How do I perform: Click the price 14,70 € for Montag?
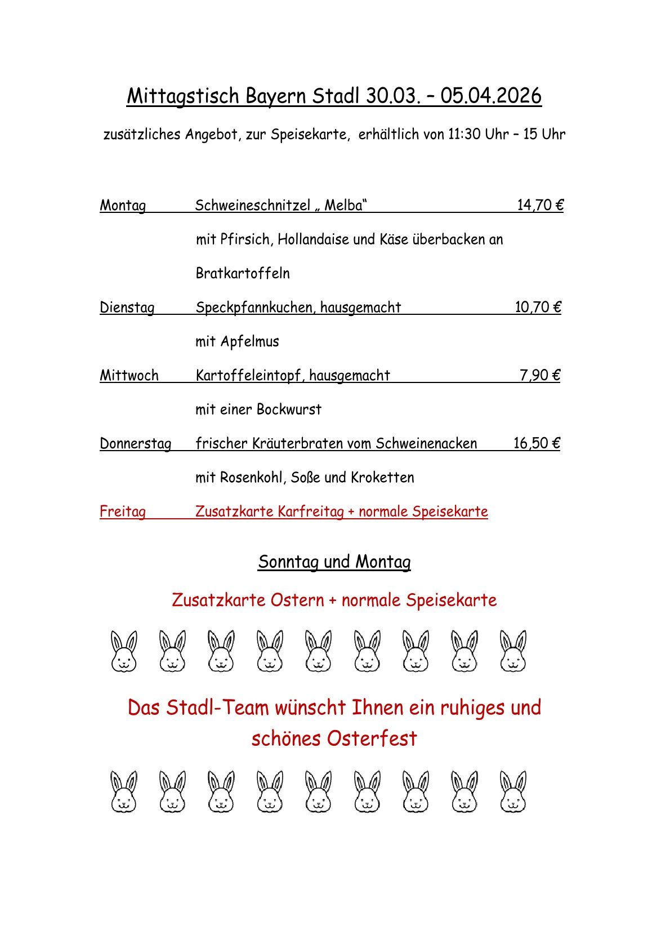(540, 205)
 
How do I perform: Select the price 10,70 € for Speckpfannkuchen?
(538, 307)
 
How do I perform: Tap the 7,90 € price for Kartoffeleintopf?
(539, 375)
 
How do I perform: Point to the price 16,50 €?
(536, 443)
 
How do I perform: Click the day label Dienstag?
(127, 308)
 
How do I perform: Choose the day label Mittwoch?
(129, 376)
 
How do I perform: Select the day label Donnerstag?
(135, 444)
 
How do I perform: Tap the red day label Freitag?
(122, 511)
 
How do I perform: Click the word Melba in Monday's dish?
(343, 205)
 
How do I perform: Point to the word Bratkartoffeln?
(243, 273)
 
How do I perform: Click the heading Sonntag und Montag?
(334, 562)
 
